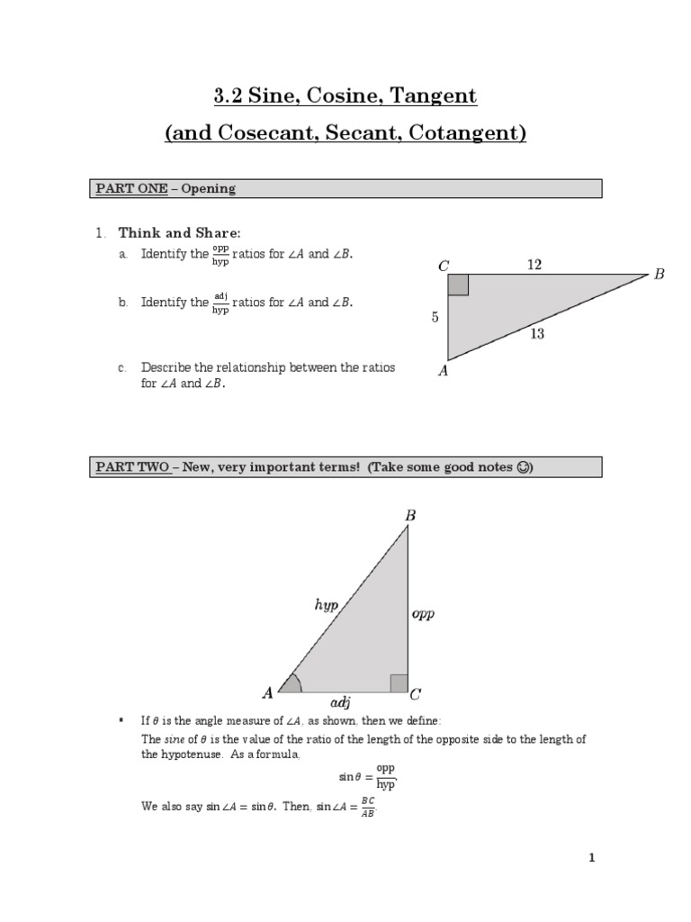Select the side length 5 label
436,317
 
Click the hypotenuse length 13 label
537,333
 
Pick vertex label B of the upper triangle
659,274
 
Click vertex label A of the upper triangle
443,370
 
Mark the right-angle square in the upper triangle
458,285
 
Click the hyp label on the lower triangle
326,606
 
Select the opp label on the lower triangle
423,613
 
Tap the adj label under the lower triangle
341,701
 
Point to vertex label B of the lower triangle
410,516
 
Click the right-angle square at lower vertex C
399,682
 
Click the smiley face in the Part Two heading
525,467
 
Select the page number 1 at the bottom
591,858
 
